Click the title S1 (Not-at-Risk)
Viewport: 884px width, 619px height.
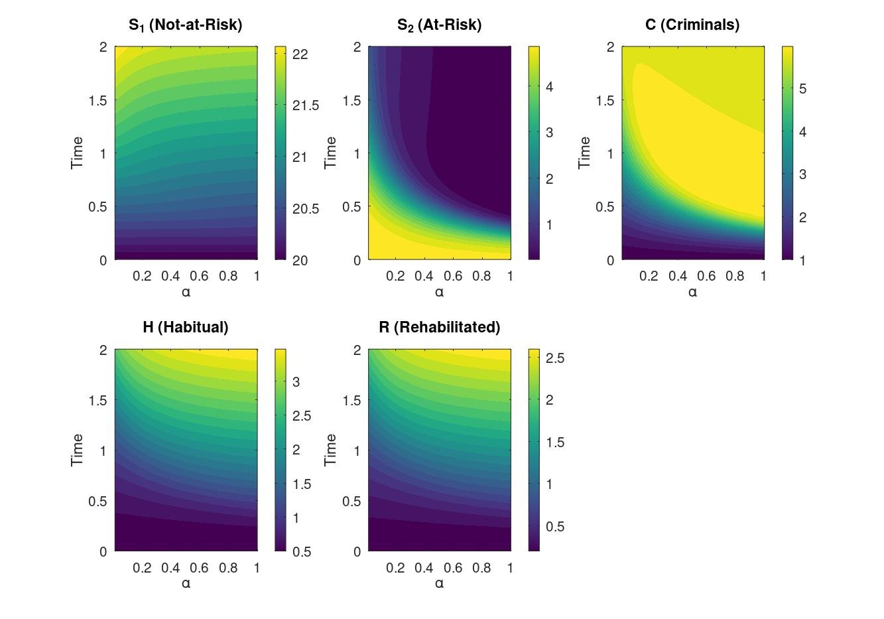185,25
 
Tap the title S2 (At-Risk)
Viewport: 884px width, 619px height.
439,25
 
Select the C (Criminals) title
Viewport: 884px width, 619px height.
692,25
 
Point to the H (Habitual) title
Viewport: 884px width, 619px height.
185,327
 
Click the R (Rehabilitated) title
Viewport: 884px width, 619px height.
439,327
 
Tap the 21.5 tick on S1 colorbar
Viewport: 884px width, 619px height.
305,105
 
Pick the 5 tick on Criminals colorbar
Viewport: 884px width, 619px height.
802,89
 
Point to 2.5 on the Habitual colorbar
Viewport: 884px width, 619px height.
300,416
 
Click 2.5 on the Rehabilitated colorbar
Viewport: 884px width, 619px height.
554,358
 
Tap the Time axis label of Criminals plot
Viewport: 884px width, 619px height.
584,153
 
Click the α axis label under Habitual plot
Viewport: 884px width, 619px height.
186,583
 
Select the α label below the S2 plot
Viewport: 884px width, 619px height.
439,292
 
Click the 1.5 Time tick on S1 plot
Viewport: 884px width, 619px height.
98,100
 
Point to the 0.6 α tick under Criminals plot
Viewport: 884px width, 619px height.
706,276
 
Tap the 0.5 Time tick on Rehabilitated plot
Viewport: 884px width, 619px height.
351,501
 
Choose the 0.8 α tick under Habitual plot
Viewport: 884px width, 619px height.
228,568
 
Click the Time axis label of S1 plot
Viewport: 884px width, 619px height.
78,153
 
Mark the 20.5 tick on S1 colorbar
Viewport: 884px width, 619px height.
305,209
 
